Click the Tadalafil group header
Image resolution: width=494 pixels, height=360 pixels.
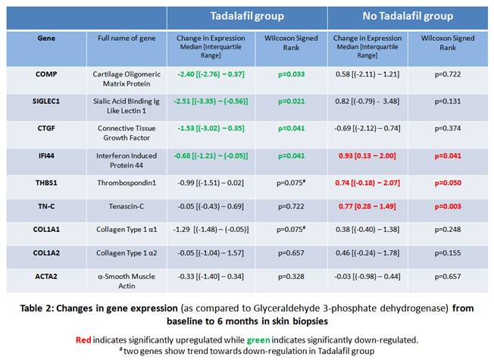[246, 16]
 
